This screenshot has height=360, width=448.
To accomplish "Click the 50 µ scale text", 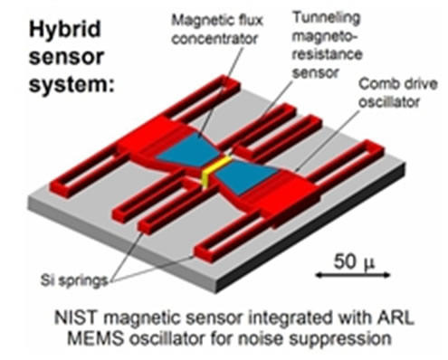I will [x=347, y=262].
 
